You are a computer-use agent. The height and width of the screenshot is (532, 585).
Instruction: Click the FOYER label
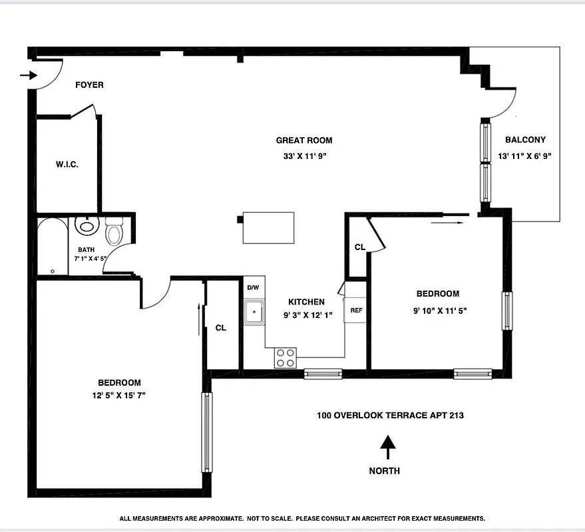click(89, 85)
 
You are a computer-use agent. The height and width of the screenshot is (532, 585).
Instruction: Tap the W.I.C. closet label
click(67, 164)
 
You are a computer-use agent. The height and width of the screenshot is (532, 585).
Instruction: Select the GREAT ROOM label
click(304, 140)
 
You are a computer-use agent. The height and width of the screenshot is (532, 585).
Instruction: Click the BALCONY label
click(525, 140)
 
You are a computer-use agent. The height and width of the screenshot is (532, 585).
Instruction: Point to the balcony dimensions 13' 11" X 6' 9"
click(525, 156)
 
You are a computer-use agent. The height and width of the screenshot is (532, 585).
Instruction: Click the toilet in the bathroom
click(114, 231)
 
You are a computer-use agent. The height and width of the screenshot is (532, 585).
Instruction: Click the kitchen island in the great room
click(268, 227)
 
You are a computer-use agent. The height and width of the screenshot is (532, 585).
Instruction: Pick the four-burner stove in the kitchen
click(286, 358)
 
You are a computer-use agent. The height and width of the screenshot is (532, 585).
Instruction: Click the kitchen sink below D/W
click(254, 311)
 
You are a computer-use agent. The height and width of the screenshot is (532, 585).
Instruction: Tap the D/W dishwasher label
click(253, 288)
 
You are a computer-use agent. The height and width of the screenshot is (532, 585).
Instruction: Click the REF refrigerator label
click(356, 311)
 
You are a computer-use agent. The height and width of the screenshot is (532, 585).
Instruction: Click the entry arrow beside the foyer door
click(28, 75)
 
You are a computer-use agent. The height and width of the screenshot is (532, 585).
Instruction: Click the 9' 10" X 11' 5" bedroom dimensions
click(437, 310)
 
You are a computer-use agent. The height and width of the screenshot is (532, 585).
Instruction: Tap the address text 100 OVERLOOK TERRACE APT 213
click(390, 416)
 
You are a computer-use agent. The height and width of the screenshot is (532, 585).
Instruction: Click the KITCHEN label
click(306, 302)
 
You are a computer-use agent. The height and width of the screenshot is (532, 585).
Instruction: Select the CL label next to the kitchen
click(221, 327)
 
